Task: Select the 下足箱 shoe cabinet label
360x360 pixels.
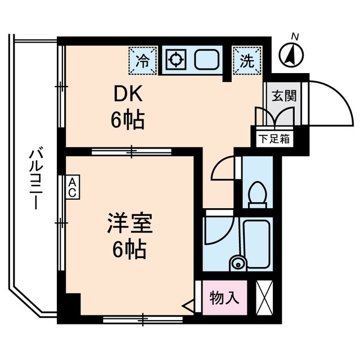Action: point(274,138)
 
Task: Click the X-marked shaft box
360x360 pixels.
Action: point(264,296)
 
